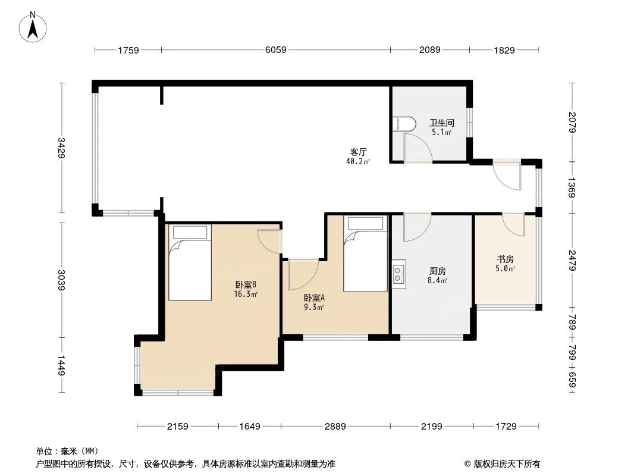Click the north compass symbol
33,27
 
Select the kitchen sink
398,274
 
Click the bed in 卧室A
366,254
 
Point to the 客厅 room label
357,151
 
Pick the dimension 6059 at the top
275,50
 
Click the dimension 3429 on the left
61,148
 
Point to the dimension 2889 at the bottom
335,426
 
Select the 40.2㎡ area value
357,161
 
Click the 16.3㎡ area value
246,294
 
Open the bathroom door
418,149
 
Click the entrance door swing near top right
506,176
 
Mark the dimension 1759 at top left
128,50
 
